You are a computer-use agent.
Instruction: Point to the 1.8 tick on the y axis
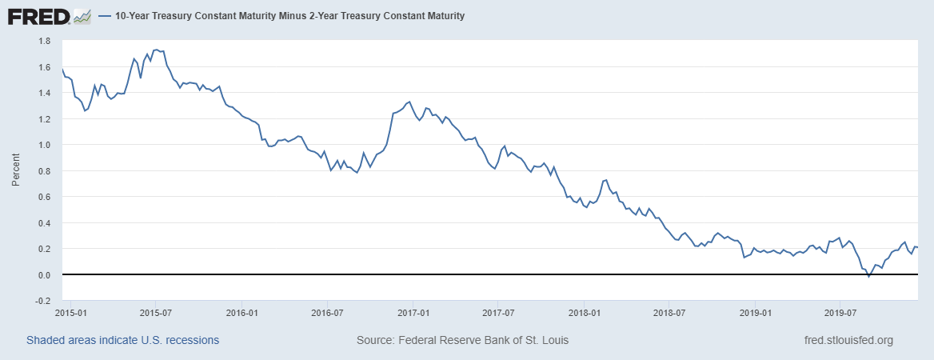pos(45,41)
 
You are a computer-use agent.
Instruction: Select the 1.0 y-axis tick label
pos(45,145)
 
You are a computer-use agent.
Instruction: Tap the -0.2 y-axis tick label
pos(43,301)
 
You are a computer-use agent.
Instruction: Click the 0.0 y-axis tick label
pos(45,275)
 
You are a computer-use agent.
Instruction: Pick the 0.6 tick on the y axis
pos(45,197)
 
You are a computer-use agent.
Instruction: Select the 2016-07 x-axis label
pos(327,313)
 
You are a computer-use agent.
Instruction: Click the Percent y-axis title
pos(15,171)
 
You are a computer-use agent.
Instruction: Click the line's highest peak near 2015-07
pos(157,50)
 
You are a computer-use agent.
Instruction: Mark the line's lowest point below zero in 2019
pos(868,277)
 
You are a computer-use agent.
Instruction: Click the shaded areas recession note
pos(122,340)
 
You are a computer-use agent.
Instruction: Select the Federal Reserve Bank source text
pos(462,340)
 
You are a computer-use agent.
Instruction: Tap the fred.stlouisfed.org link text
pos(848,340)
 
